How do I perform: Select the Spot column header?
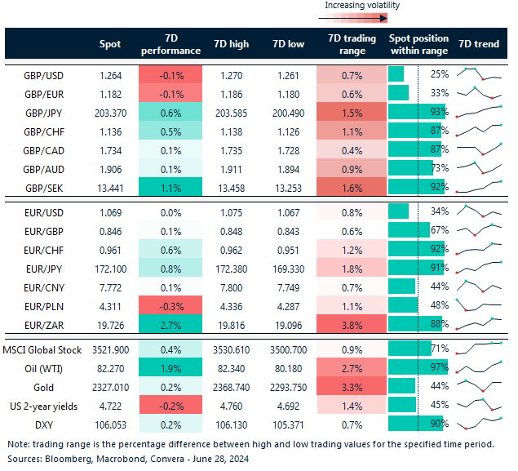coord(110,44)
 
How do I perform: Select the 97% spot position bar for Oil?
coord(415,369)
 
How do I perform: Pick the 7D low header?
coord(290,44)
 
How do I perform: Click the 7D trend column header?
coord(479,44)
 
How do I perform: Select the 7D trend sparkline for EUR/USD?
coord(479,212)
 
